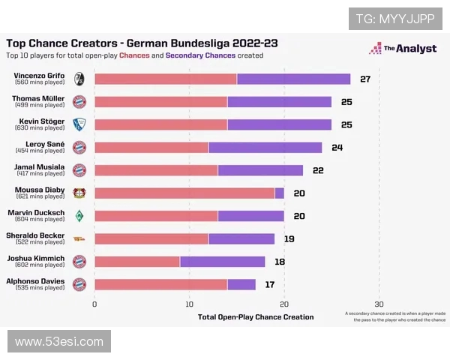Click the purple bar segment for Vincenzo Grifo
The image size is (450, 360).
click(293, 79)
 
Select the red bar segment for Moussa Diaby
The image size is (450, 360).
click(184, 193)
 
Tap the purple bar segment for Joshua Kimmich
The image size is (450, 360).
click(222, 261)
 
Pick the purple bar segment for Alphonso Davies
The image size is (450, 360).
click(241, 284)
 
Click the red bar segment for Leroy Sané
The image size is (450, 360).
click(151, 147)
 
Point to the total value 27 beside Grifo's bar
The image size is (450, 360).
click(365, 79)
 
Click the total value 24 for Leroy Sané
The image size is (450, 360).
click(337, 147)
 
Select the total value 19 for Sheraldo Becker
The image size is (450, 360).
click(289, 238)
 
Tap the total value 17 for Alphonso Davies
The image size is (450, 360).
click(270, 284)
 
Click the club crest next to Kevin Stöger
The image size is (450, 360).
click(79, 124)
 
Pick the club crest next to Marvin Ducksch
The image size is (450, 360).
click(79, 216)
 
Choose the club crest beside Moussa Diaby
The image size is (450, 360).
click(79, 193)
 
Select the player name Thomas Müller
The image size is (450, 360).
click(38, 98)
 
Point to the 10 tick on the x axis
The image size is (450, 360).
click(190, 304)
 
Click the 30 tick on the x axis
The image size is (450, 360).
click(379, 304)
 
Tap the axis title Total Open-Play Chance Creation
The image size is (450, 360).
click(256, 316)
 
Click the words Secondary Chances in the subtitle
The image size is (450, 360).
click(199, 55)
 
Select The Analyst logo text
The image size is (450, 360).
click(409, 49)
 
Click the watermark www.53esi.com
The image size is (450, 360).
click(59, 342)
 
